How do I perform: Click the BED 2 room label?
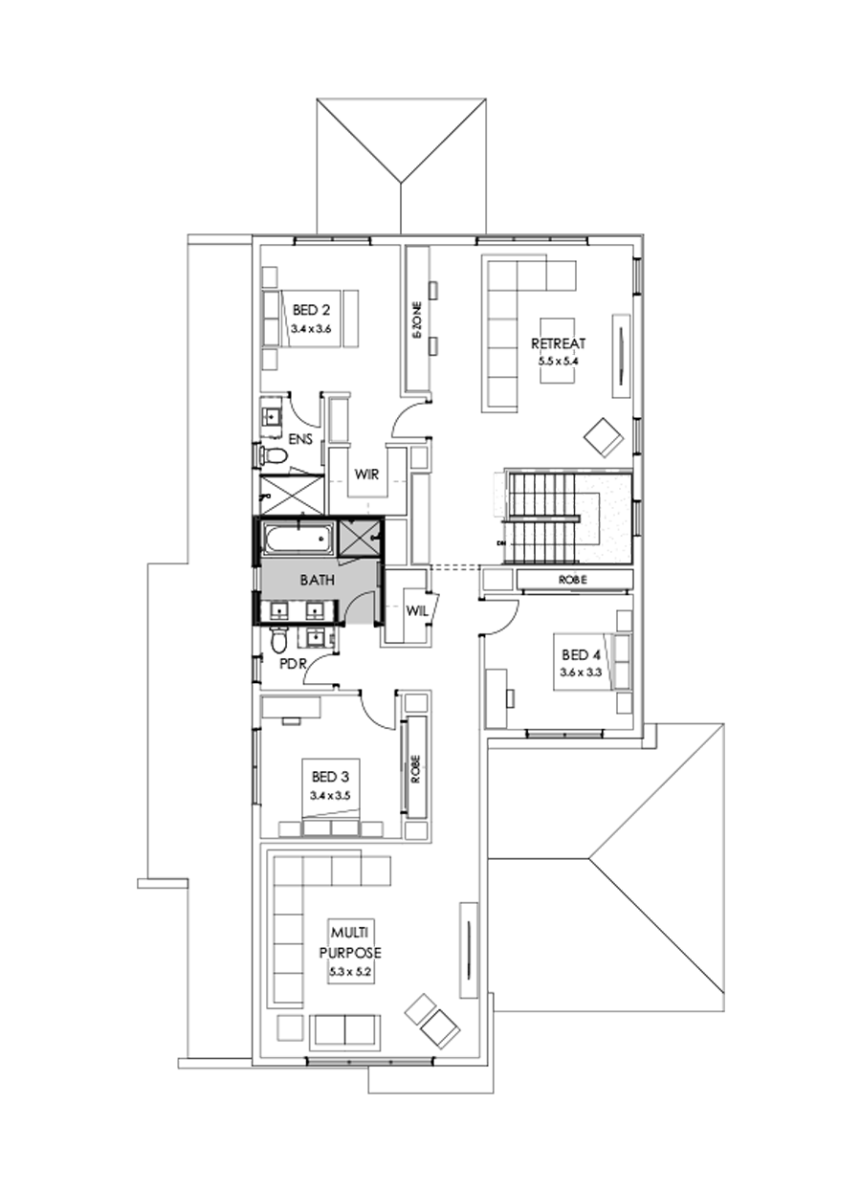pyautogui.click(x=311, y=310)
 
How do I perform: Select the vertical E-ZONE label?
pyautogui.click(x=417, y=320)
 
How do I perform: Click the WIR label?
pyautogui.click(x=368, y=474)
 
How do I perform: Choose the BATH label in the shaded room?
pyautogui.click(x=316, y=580)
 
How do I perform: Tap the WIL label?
pyautogui.click(x=416, y=609)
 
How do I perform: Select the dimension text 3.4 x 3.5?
pyautogui.click(x=330, y=795)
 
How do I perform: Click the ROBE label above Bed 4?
pyautogui.click(x=573, y=580)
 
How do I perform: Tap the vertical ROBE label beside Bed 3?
pyautogui.click(x=415, y=767)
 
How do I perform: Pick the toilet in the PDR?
pyautogui.click(x=278, y=638)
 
